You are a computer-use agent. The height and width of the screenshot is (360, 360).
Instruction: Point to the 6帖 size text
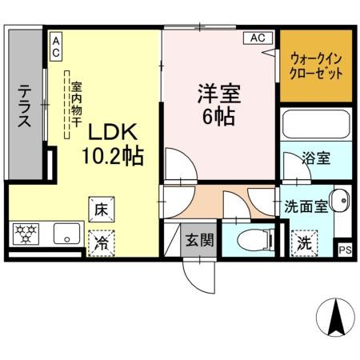[x=216, y=117]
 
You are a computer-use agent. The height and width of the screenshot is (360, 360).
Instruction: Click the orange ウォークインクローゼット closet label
[x=316, y=66]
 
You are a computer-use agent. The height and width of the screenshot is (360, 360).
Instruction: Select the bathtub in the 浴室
[x=316, y=126]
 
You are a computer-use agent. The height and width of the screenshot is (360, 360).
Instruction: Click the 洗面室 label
[x=305, y=206]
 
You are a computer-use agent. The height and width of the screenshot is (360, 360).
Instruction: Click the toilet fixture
[x=243, y=237]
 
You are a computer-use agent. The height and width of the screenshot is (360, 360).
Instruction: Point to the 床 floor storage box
[x=102, y=209]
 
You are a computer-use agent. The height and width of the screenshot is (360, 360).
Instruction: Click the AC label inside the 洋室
[x=257, y=38]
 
